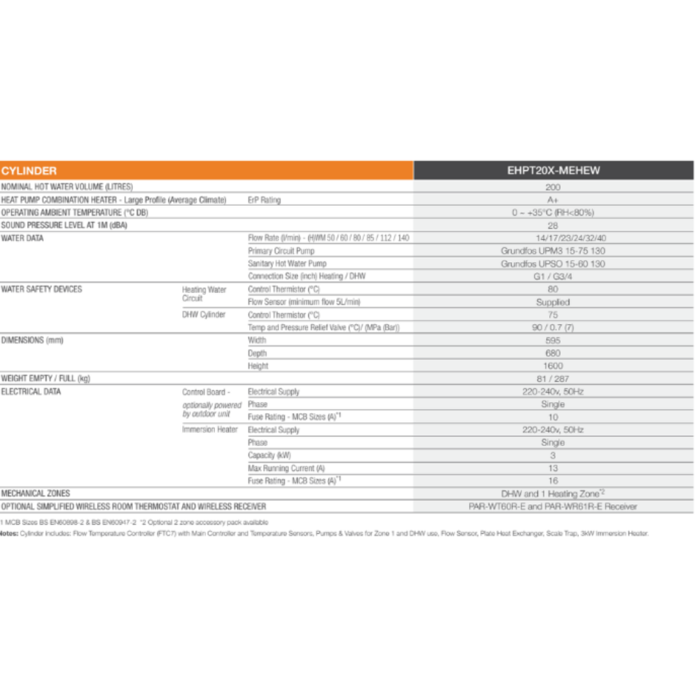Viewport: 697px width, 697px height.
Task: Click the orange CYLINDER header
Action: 29,171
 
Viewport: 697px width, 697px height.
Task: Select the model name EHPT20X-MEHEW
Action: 553,171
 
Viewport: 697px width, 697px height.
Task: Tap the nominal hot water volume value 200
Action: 553,187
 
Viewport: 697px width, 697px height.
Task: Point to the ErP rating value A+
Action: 553,200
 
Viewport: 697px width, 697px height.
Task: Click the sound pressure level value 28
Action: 553,225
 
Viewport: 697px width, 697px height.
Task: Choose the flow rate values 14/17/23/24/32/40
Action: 553,238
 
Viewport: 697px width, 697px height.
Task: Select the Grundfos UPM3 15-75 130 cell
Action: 553,251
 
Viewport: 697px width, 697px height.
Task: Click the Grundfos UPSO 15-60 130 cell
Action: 553,263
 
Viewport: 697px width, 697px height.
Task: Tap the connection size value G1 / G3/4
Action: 553,276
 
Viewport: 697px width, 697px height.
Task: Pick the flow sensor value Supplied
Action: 553,302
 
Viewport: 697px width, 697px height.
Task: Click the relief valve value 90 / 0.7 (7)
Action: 553,327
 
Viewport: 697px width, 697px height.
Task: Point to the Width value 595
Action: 553,340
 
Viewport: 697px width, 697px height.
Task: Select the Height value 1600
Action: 553,366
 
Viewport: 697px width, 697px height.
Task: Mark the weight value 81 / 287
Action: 553,379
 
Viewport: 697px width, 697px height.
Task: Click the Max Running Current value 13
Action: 553,469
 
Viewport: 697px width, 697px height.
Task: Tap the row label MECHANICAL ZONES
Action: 36,494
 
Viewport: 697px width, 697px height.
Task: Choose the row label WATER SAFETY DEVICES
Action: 42,289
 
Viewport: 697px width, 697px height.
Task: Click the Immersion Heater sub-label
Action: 210,430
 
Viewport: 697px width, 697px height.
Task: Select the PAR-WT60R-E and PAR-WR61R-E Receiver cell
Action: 553,507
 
